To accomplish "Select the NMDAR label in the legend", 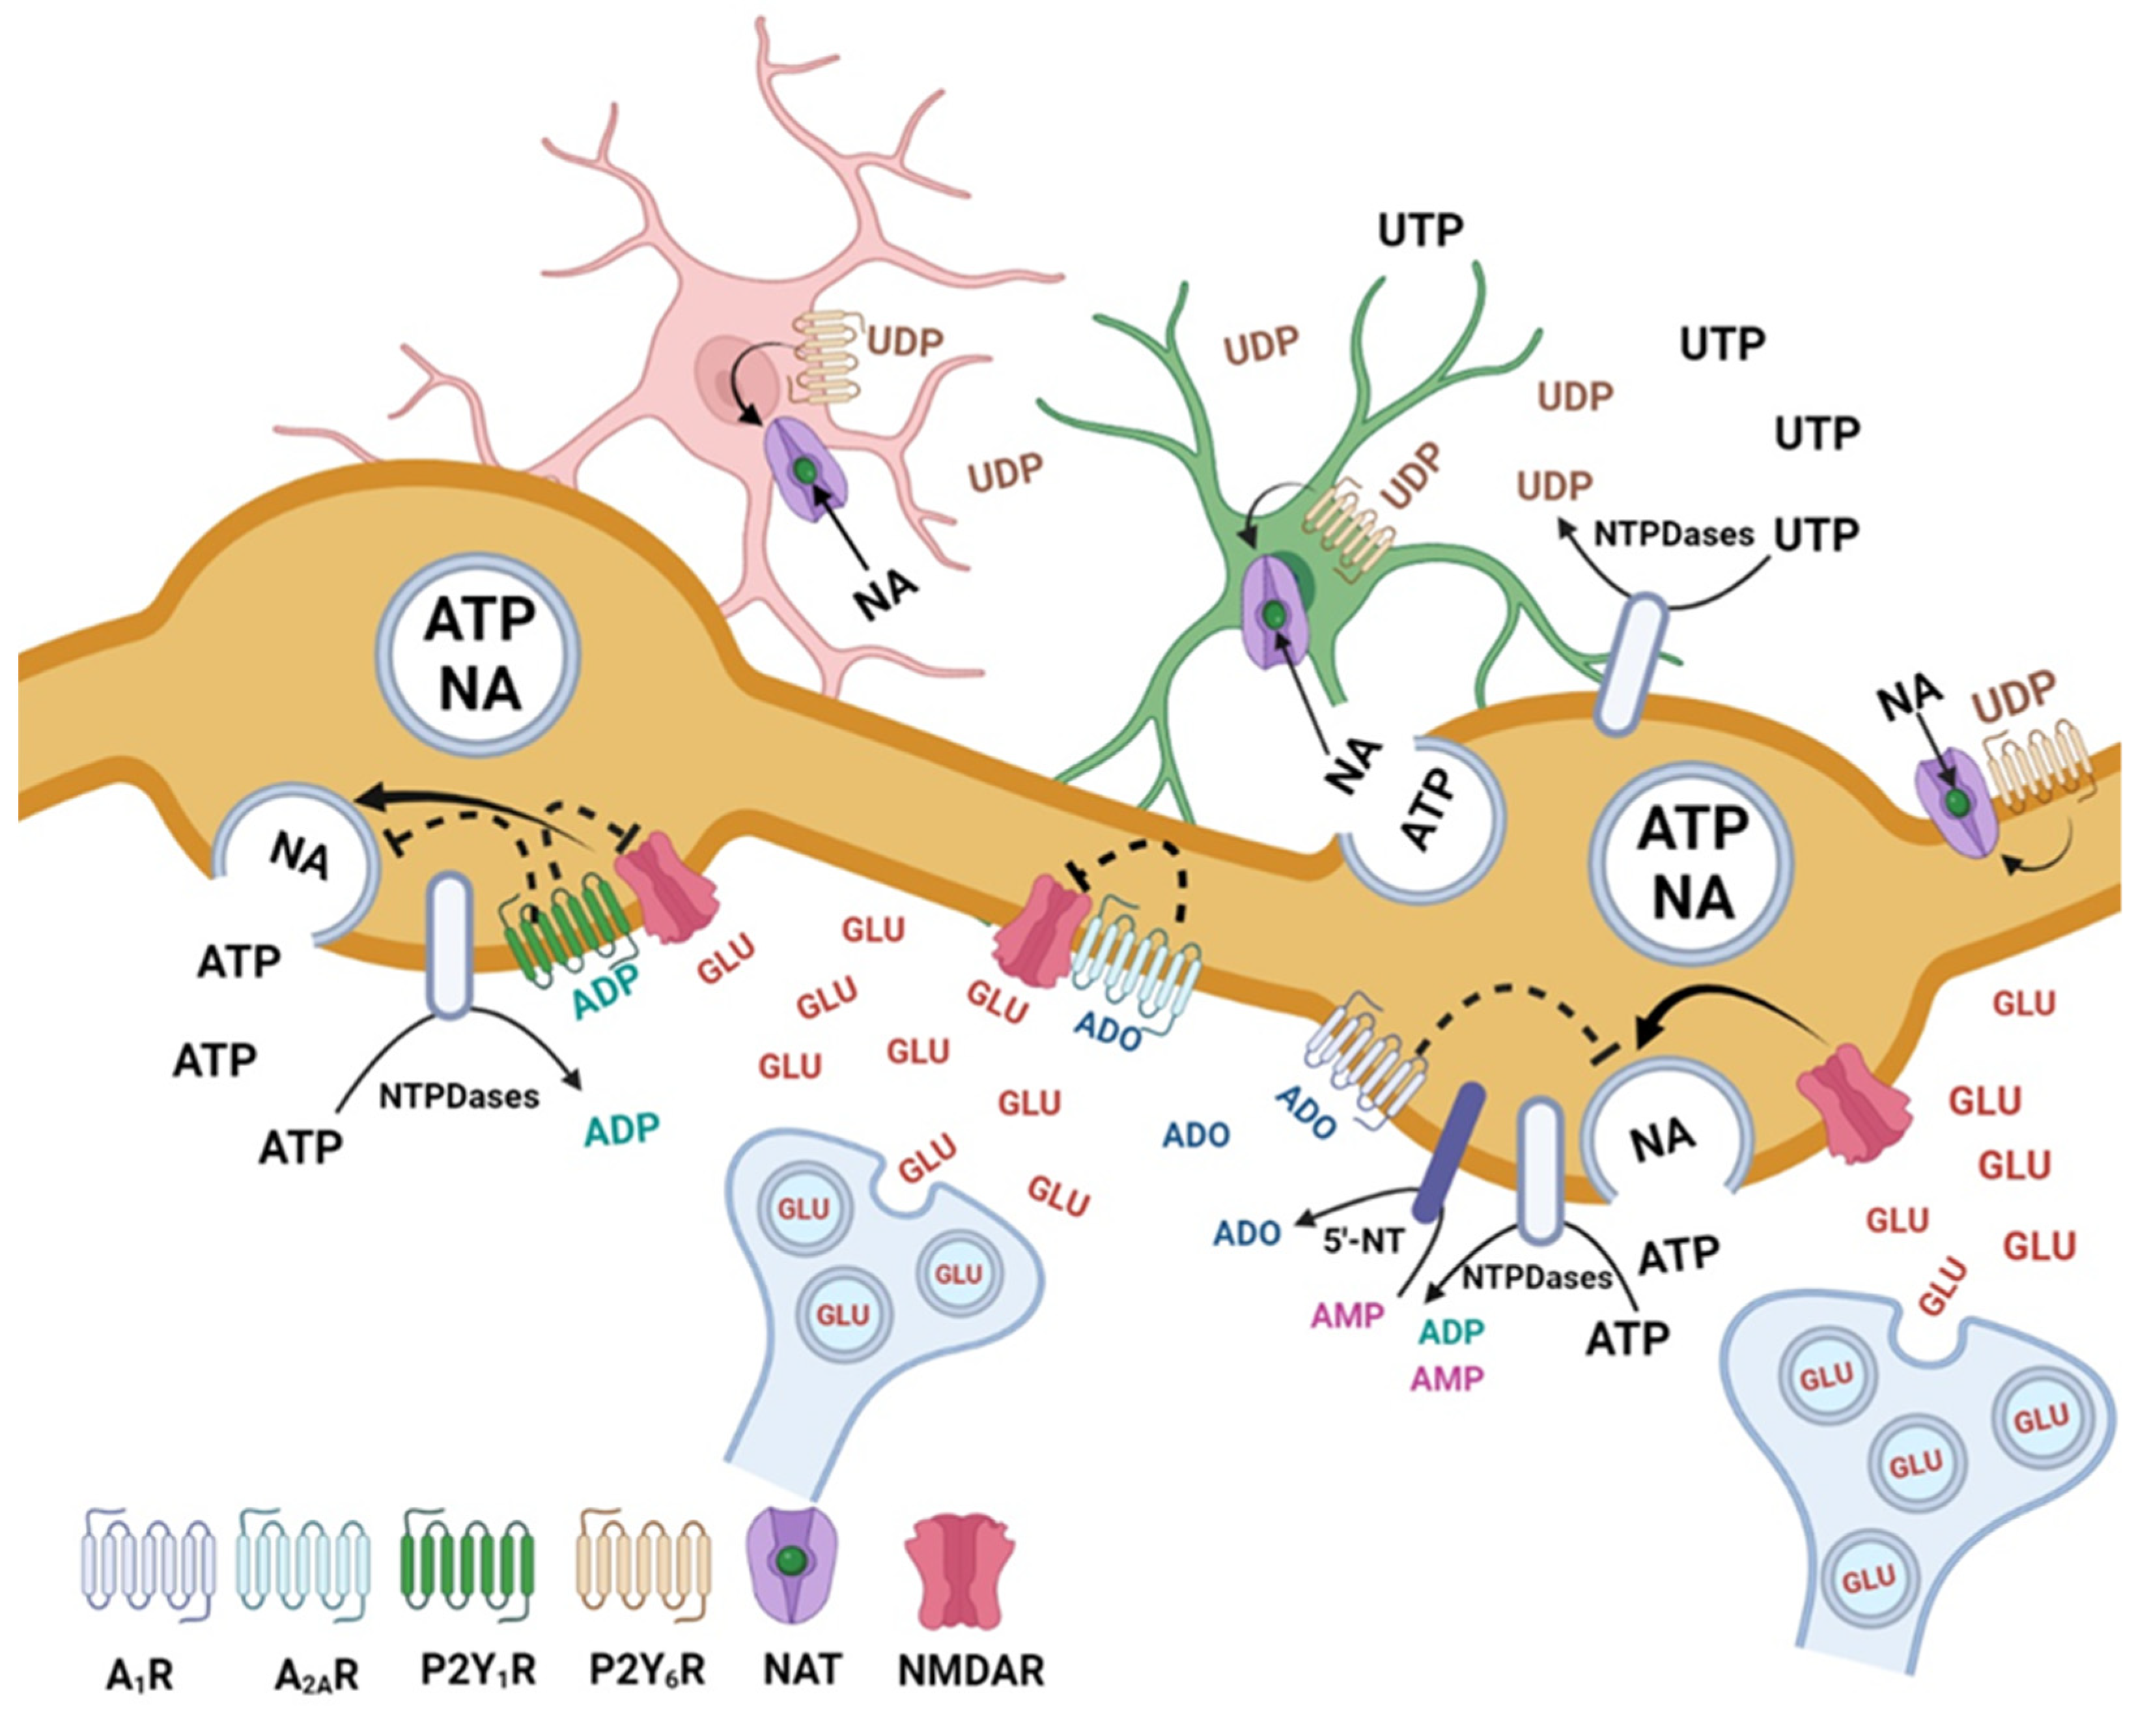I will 972,1671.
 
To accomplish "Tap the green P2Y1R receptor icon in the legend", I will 468,1572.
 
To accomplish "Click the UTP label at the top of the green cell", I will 1420,231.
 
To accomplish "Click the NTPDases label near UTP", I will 1674,535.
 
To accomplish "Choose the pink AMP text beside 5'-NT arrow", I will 1347,1316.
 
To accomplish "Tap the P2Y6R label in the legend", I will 647,1671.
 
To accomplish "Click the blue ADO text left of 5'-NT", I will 1247,1234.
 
